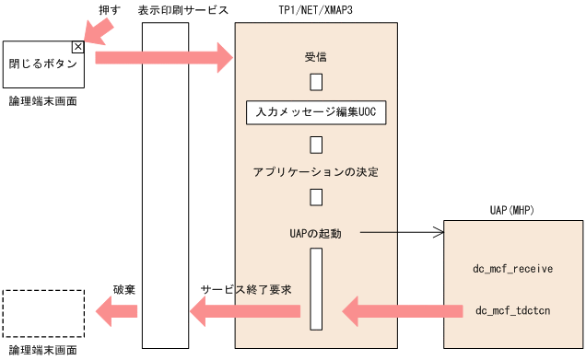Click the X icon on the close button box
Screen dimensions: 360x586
(77, 46)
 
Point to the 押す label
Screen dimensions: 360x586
(108, 8)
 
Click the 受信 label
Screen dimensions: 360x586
(316, 56)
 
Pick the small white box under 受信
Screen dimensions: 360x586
(316, 82)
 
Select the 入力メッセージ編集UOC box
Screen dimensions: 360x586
(316, 112)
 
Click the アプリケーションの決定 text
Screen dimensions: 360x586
(316, 172)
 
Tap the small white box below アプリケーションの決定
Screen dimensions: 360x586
(316, 197)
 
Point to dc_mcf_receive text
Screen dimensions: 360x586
(512, 269)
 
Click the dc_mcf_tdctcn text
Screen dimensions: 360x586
(512, 310)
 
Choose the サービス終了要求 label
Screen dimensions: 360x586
(246, 289)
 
